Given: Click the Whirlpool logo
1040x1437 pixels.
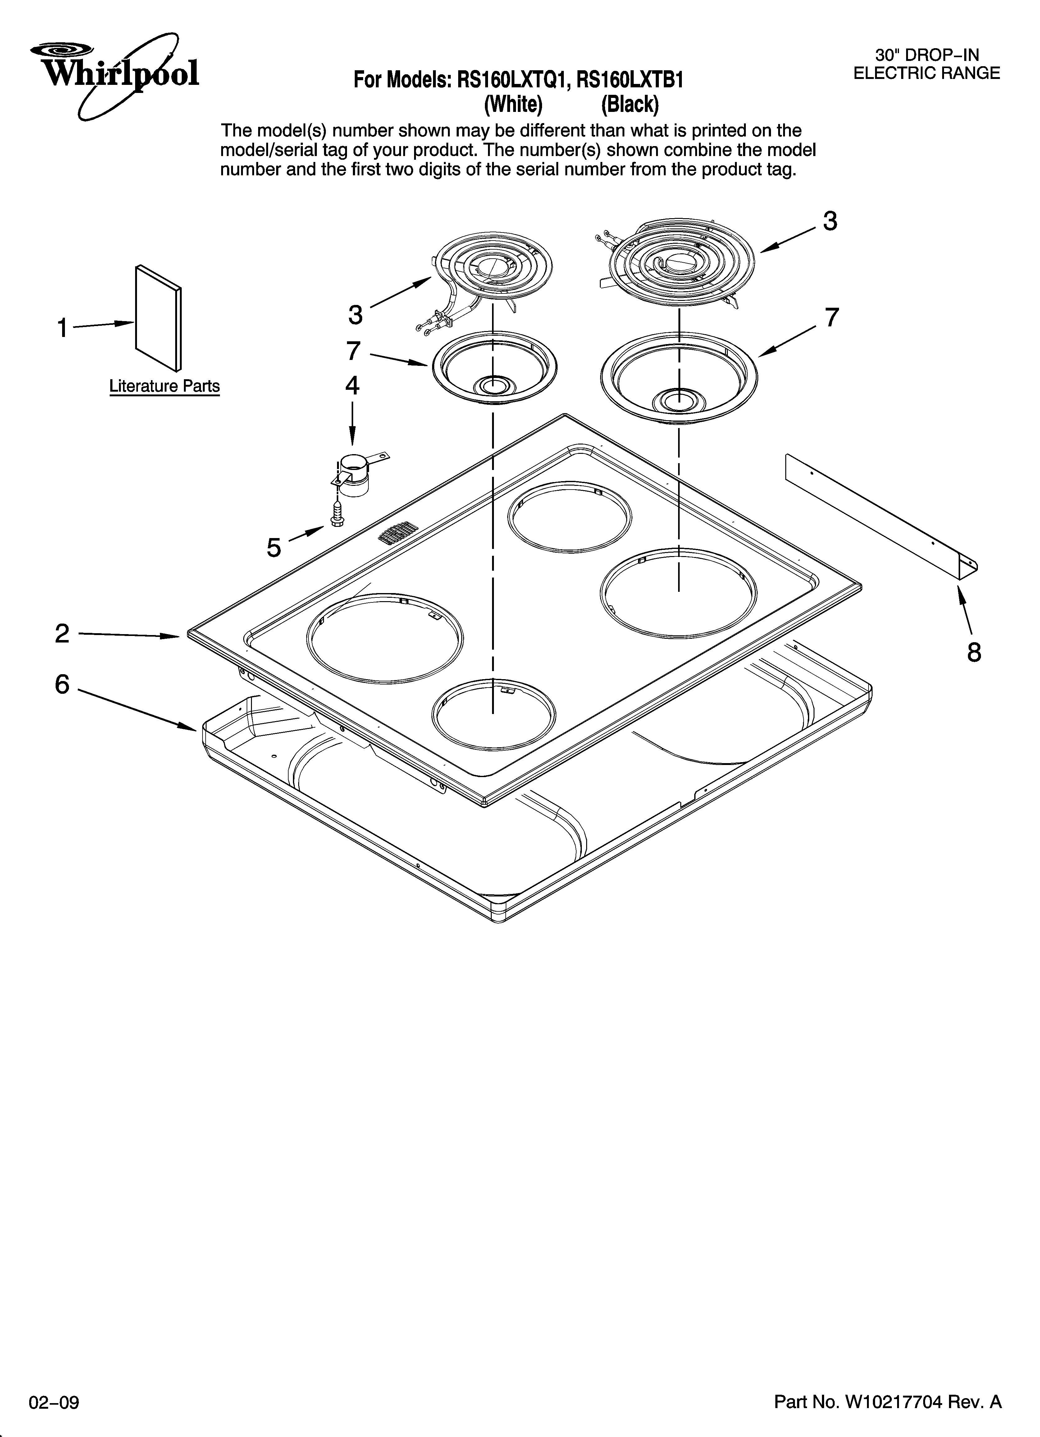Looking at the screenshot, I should coord(114,73).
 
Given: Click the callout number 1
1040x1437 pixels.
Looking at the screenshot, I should coord(62,328).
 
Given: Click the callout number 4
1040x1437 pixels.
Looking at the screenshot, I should coord(352,385).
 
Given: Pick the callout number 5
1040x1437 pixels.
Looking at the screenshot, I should coord(274,547).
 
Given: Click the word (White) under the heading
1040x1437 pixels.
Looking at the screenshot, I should coord(513,104).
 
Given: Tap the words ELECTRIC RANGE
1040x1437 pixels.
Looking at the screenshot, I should coord(926,73).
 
